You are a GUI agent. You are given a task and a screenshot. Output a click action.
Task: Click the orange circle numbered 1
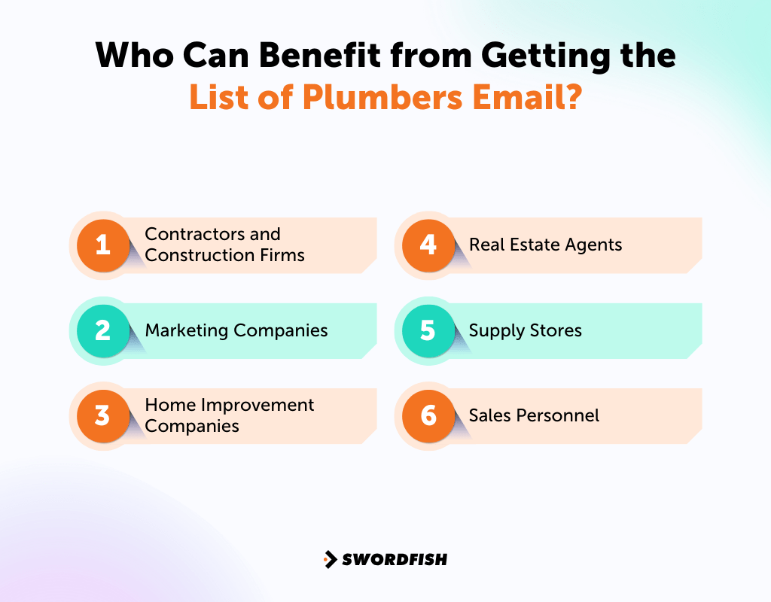[x=103, y=245]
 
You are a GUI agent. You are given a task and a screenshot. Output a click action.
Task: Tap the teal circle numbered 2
[x=103, y=330]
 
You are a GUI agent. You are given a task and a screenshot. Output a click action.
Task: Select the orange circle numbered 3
[x=103, y=415]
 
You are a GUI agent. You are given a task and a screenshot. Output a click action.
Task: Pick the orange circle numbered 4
[x=428, y=245]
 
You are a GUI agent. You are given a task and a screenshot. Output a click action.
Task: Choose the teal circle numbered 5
[x=428, y=330]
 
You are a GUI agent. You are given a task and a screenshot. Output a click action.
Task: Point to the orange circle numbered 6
[x=428, y=415]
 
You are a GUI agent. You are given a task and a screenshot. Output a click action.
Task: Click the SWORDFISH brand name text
[x=395, y=559]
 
